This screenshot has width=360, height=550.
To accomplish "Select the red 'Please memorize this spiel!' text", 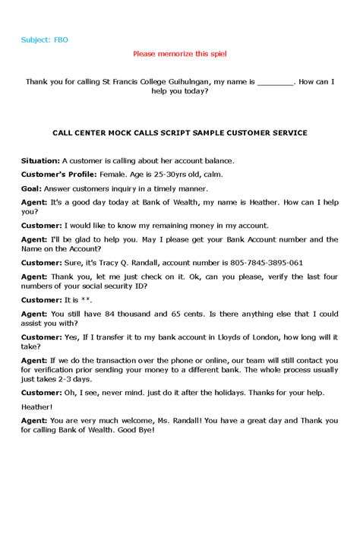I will click(x=179, y=54).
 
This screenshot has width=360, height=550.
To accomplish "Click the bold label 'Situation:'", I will click(x=40, y=161).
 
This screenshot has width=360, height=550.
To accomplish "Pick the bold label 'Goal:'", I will click(x=31, y=188).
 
